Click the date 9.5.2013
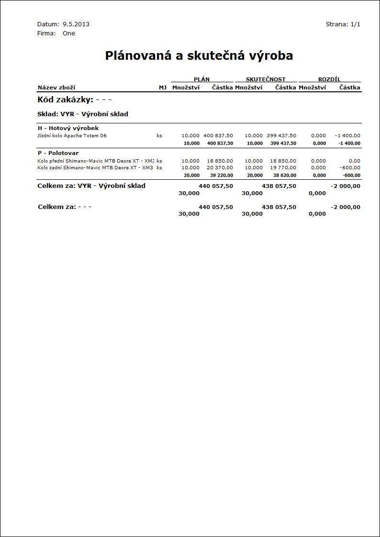tap(76, 24)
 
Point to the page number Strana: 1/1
tap(343, 24)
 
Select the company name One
tap(69, 33)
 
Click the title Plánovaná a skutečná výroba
tap(199, 56)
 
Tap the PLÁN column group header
tap(201, 79)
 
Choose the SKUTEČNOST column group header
tap(266, 79)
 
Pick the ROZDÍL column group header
tap(329, 79)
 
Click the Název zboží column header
tap(56, 88)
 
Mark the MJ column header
tap(163, 88)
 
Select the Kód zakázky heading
tap(74, 100)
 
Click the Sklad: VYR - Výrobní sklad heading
tap(83, 114)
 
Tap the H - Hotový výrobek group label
tap(68, 128)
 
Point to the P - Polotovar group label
tap(58, 153)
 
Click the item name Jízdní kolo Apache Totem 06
tap(72, 136)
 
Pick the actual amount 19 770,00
tap(283, 168)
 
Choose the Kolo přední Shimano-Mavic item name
tap(95, 161)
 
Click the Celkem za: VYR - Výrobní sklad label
tap(91, 186)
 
